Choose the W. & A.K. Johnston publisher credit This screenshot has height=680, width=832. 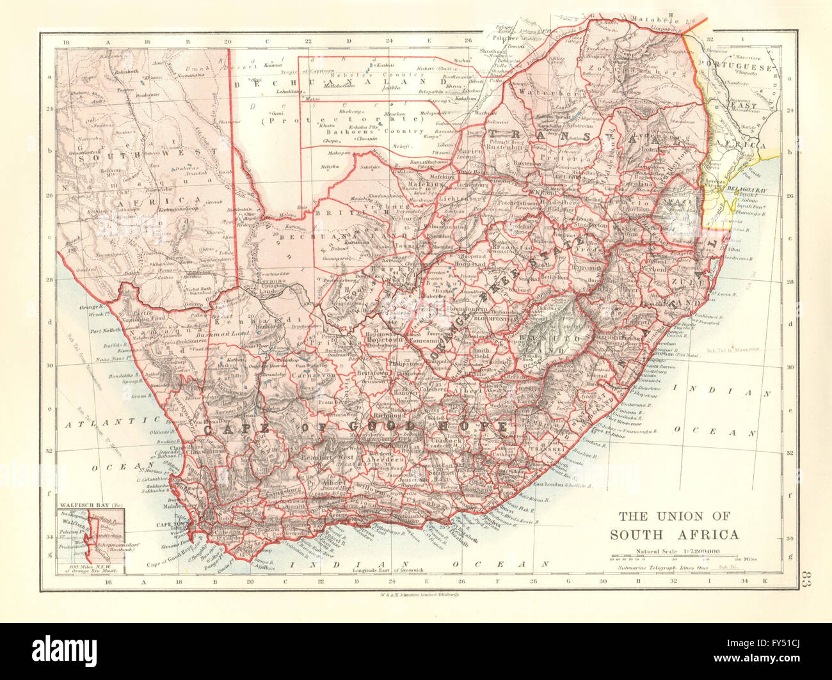[416, 594]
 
